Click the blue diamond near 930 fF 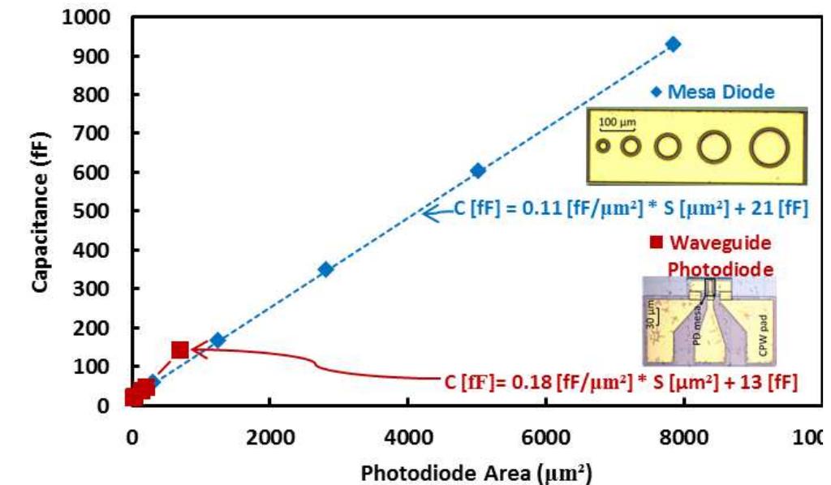pos(673,44)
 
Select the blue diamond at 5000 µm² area pos(478,170)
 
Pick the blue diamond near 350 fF pos(325,269)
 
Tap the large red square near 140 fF pos(180,350)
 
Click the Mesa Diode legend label pos(721,92)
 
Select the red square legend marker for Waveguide pos(657,242)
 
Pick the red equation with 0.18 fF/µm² pos(621,380)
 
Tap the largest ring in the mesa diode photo pos(769,148)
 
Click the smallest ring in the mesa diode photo pos(603,147)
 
